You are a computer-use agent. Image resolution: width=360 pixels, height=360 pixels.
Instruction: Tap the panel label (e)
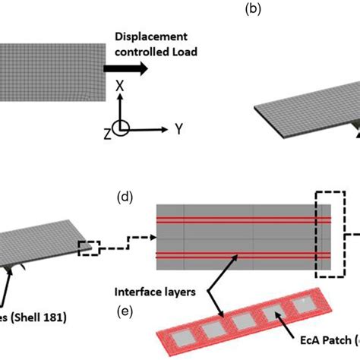125,309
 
